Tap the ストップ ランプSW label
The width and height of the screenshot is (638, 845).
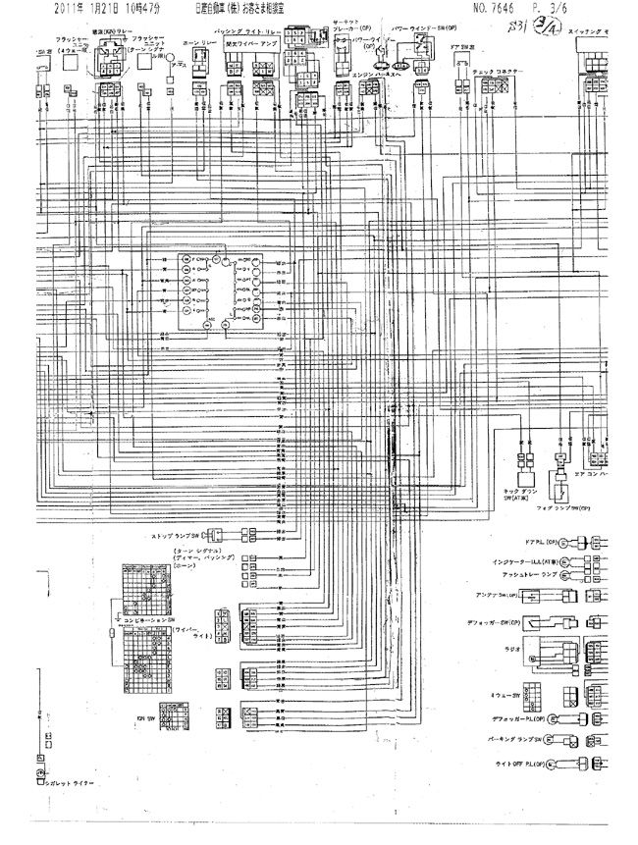click(176, 537)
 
